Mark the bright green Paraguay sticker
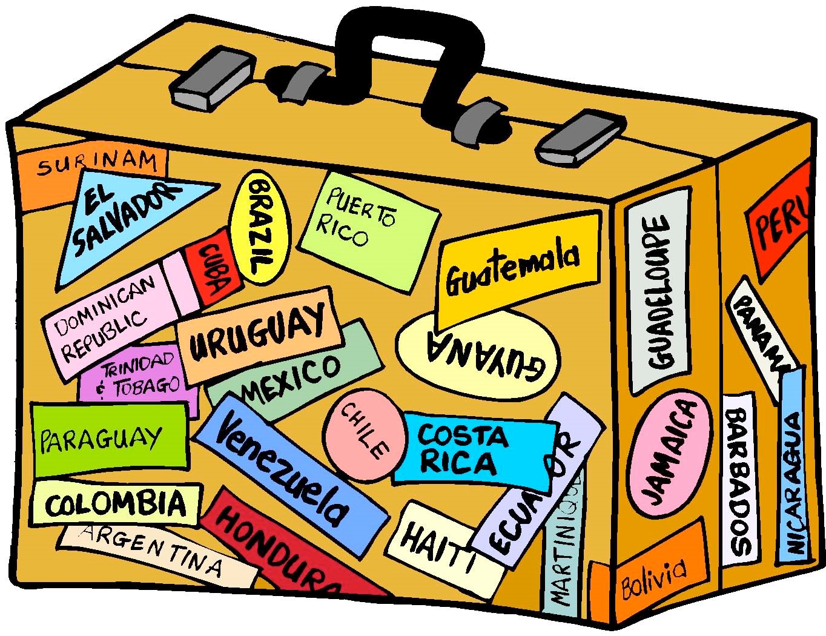pyautogui.click(x=109, y=439)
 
